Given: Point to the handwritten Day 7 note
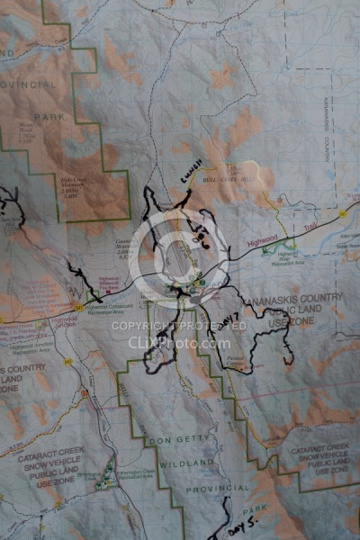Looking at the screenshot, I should click(227, 319).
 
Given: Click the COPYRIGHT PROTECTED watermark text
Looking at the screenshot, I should click(180, 326).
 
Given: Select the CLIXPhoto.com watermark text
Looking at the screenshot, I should click(180, 342).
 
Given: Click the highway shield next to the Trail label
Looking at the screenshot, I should click(343, 213).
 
